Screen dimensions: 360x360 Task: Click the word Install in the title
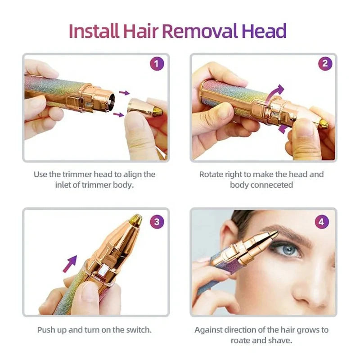coord(94,31)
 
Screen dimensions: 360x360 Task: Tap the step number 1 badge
coord(156,64)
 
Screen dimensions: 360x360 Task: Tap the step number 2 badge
coord(325,64)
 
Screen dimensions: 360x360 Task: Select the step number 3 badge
coord(156,221)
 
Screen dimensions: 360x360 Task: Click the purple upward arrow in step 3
coord(69,263)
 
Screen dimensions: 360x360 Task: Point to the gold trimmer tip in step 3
coord(134,220)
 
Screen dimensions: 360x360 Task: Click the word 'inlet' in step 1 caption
coord(62,185)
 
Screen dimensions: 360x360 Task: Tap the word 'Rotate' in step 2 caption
coord(212,174)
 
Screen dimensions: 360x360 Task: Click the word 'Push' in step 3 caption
coord(46,330)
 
